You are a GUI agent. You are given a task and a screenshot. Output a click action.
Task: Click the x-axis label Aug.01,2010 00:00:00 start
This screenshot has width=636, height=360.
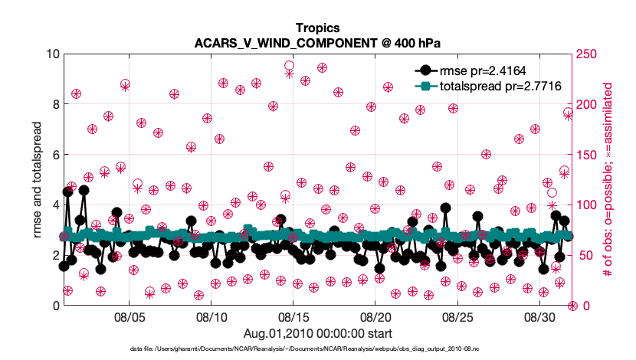click(x=317, y=333)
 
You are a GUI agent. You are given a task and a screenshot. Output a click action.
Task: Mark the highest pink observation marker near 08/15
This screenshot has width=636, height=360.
click(x=289, y=67)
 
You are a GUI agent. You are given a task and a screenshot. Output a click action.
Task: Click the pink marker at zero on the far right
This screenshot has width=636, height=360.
click(x=572, y=306)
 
